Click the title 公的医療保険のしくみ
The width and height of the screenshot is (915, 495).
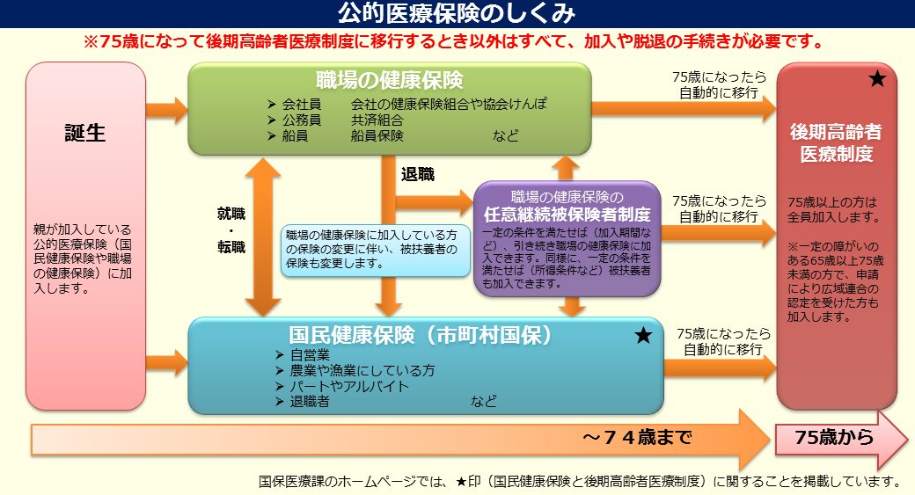[x=457, y=13]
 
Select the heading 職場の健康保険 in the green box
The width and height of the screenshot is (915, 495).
[x=390, y=80]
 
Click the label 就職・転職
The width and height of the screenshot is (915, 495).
[x=231, y=229]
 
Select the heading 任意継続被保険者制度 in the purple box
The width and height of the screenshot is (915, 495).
[x=567, y=214]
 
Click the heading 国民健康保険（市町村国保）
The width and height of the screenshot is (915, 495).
[x=421, y=335]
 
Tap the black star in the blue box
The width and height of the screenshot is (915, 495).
[x=643, y=335]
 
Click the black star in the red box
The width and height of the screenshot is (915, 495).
[x=876, y=80]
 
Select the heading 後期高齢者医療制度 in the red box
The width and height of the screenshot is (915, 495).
[x=836, y=143]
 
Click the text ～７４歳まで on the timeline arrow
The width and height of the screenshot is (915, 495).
[x=636, y=437]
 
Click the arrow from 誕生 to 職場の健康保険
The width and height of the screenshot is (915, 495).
[x=166, y=110]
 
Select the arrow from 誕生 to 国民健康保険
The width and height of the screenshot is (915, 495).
[x=166, y=360]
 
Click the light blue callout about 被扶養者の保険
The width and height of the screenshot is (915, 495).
[x=376, y=251]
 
